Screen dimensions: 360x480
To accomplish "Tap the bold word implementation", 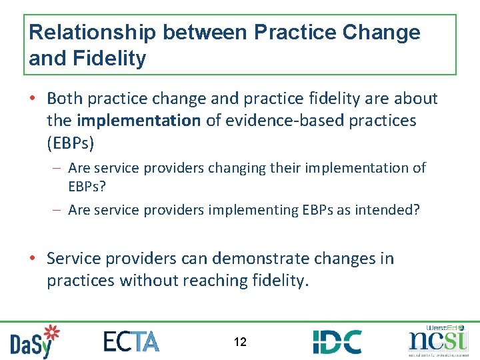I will pos(139,121).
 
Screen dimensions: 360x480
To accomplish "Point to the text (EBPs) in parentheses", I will pos(70,143).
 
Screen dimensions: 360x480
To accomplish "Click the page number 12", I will pos(240,342).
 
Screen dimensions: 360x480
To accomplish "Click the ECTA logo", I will pos(131,341).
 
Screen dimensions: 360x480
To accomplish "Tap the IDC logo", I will pos(337,341).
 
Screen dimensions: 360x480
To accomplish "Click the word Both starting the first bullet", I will pos(64,99).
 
